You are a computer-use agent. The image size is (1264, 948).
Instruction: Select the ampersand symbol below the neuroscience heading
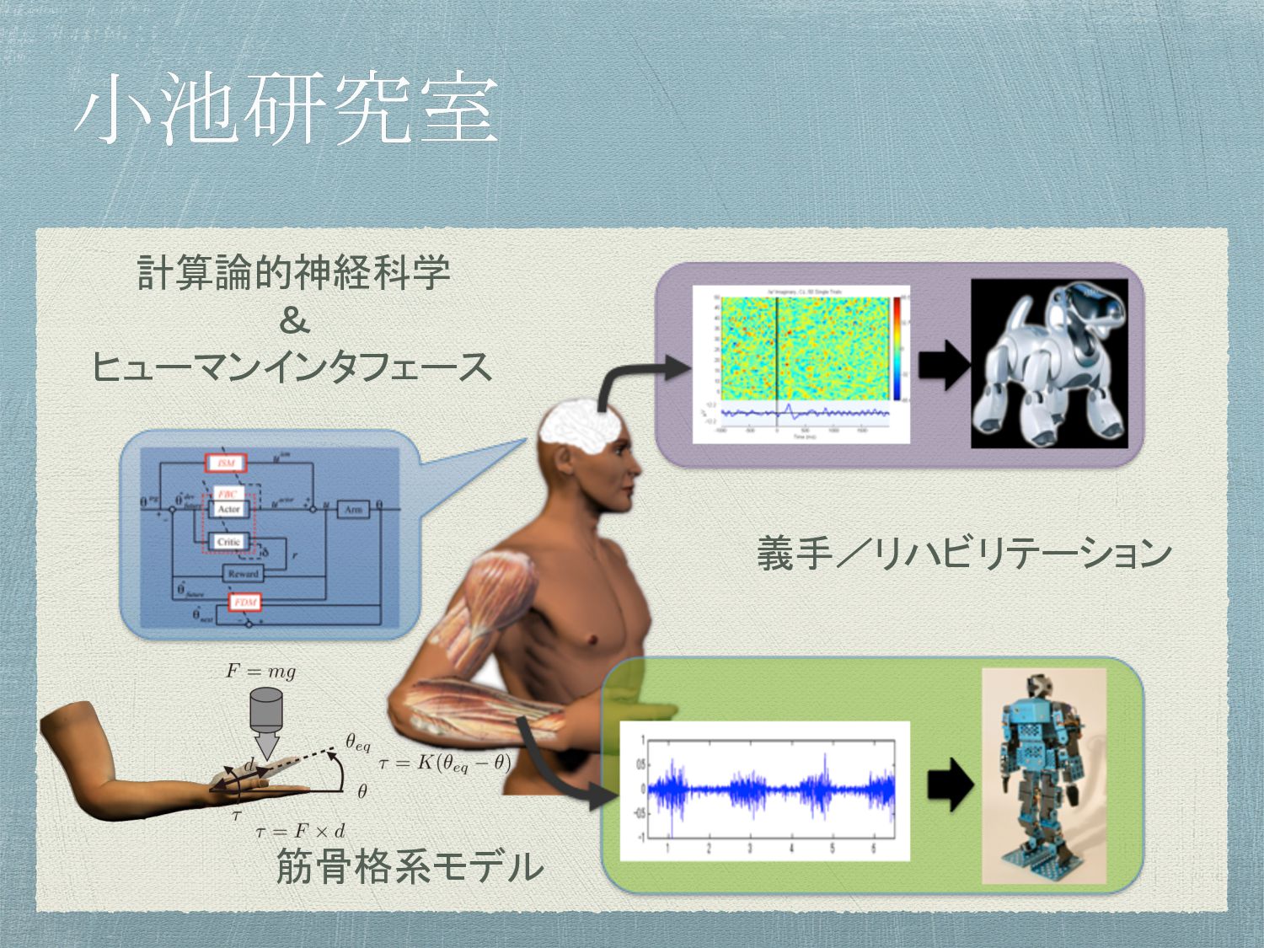pos(293,321)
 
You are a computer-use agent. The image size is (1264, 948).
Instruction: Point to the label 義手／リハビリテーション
pos(964,554)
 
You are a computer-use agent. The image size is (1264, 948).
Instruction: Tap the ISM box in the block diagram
pos(225,463)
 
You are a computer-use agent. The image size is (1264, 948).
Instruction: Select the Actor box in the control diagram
pos(228,509)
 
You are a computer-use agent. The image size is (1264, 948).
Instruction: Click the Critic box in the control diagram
pos(228,542)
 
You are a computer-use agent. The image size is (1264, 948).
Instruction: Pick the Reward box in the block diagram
pos(243,574)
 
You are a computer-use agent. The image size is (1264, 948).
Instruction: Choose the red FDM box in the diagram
pos(244,602)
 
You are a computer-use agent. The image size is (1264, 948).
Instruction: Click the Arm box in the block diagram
pos(352,509)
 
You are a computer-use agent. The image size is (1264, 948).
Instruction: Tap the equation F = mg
pos(260,672)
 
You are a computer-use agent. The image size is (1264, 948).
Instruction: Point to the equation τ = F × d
pos(300,832)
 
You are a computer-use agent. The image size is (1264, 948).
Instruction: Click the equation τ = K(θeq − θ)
pos(444,763)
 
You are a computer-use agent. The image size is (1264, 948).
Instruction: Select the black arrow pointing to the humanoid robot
pos(950,784)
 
